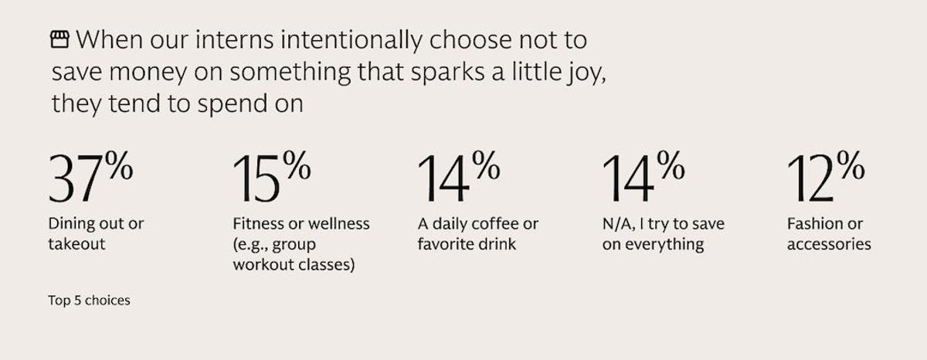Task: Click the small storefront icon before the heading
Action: point(59,39)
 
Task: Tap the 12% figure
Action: point(825,178)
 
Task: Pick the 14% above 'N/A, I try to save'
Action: point(642,178)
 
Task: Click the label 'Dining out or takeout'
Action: point(96,234)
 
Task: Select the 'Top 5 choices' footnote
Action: point(90,301)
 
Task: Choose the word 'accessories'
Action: point(829,245)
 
